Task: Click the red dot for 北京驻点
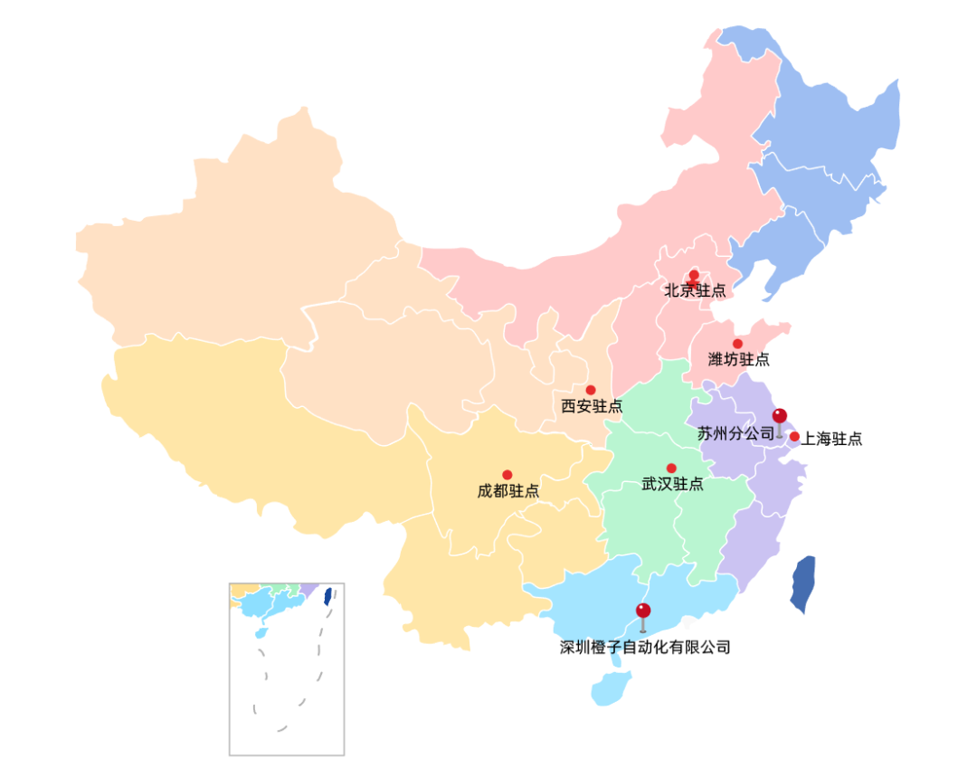click(x=694, y=275)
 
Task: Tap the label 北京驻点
click(x=695, y=290)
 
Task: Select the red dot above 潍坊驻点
click(x=737, y=344)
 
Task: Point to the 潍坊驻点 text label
click(x=739, y=359)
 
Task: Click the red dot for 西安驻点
click(x=591, y=390)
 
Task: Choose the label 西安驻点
click(x=592, y=406)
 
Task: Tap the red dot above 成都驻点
click(x=507, y=475)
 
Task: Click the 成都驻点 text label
click(x=508, y=491)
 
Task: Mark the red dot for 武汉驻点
click(x=671, y=468)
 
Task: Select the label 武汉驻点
click(x=672, y=484)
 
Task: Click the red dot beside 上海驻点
click(x=794, y=437)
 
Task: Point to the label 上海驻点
click(x=831, y=439)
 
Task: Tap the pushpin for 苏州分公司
click(x=780, y=417)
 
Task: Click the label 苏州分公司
click(x=735, y=433)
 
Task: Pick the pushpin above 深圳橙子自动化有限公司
click(x=643, y=611)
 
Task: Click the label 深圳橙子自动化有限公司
click(x=645, y=647)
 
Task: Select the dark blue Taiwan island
click(x=803, y=583)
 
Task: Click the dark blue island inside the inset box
click(x=327, y=595)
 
